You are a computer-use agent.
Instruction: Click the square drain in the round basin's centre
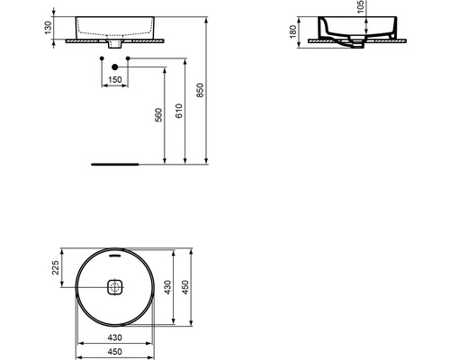(x=114, y=288)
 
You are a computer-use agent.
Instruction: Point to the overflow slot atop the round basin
(x=114, y=254)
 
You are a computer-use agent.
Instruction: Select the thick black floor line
(x=114, y=165)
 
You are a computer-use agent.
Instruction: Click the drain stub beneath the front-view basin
(x=114, y=45)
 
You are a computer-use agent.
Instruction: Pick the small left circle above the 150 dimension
(x=100, y=58)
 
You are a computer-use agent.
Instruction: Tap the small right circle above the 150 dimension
(x=129, y=58)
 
